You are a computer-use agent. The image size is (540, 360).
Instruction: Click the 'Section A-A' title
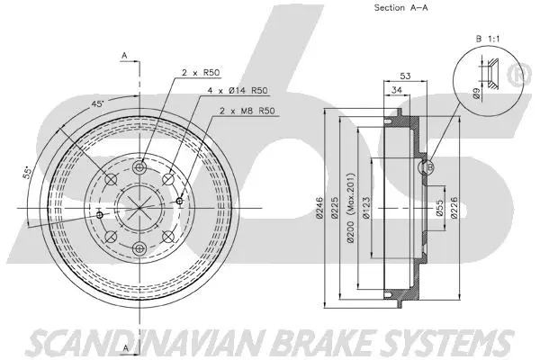pyautogui.click(x=401, y=8)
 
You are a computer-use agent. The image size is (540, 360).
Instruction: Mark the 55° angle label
pyautogui.click(x=29, y=173)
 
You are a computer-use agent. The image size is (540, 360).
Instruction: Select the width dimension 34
pyautogui.click(x=397, y=91)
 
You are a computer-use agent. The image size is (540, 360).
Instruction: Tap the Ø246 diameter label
pyautogui.click(x=320, y=208)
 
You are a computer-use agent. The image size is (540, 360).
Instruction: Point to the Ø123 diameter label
pyautogui.click(x=368, y=208)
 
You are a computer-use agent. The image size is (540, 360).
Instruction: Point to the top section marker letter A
pyautogui.click(x=123, y=56)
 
